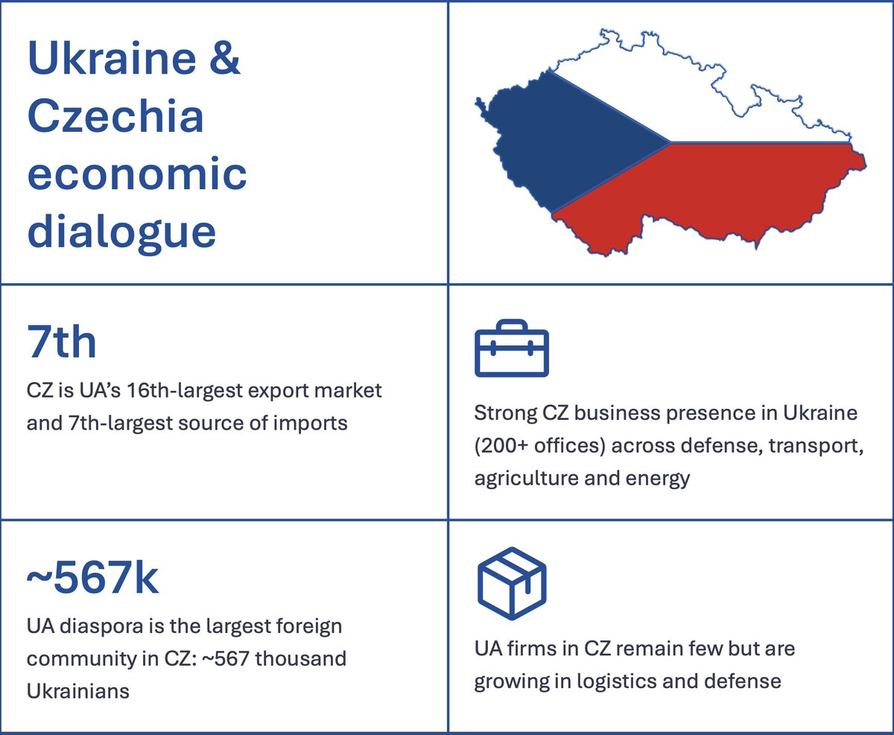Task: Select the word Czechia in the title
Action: click(x=115, y=117)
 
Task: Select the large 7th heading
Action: click(x=62, y=343)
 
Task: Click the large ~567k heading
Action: click(x=92, y=579)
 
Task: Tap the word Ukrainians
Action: click(x=77, y=691)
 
